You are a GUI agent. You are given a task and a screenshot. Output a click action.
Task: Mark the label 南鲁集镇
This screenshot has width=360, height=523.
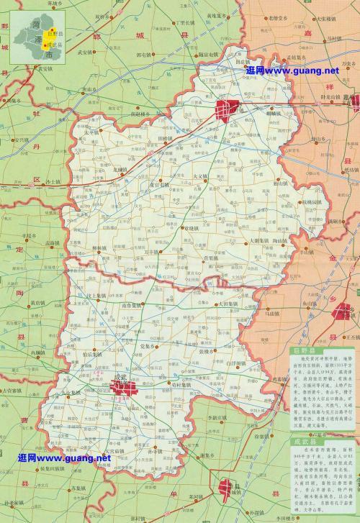coord(134,305)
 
